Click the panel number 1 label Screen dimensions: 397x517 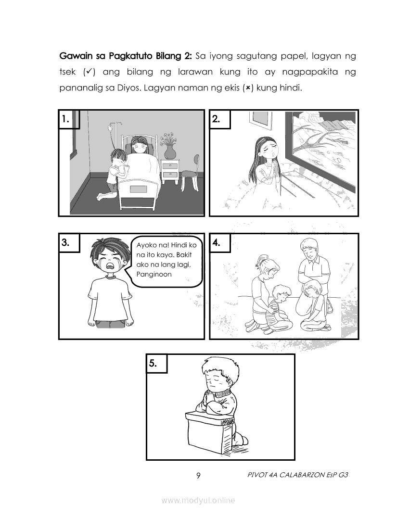point(65,119)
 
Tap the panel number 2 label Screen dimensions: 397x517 point(216,119)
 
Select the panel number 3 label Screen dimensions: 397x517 point(65,243)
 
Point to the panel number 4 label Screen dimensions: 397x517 point(216,243)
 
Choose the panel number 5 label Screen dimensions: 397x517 point(153,364)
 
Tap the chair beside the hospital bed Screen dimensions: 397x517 point(191,173)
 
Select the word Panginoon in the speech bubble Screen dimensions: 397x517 point(154,274)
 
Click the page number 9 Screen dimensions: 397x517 point(198,476)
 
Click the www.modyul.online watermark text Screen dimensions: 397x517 point(198,500)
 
